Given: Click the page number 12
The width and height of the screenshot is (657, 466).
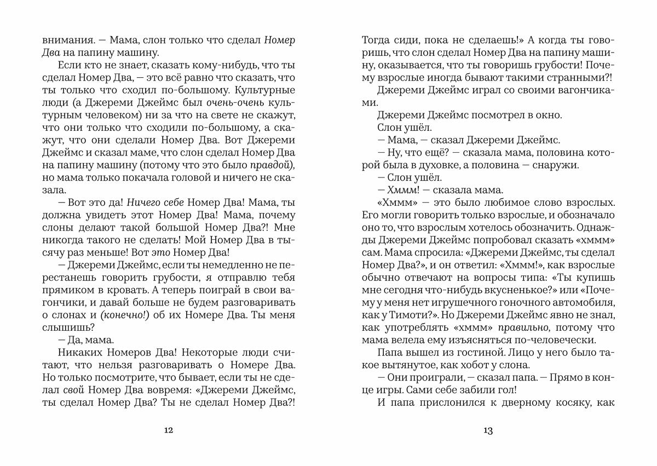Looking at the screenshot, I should [169, 431].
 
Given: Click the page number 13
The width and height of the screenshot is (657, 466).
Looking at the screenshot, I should [488, 431].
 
